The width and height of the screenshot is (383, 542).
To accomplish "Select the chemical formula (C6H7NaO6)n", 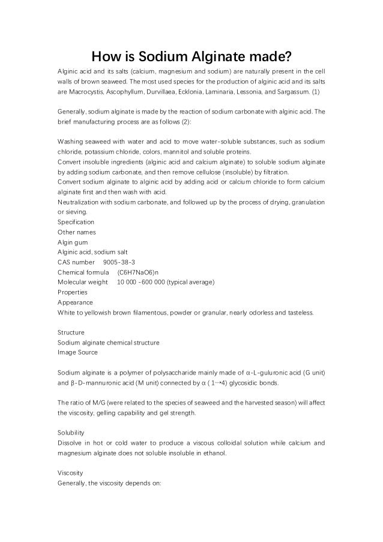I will coord(139,273).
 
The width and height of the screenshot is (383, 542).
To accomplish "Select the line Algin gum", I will coord(73,242).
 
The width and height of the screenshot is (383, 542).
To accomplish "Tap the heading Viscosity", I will coord(70,472).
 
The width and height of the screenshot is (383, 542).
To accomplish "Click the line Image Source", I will coord(77,352).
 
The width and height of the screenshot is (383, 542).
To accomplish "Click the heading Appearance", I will coord(74,303).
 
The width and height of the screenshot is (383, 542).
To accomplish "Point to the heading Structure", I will coord(71,333).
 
